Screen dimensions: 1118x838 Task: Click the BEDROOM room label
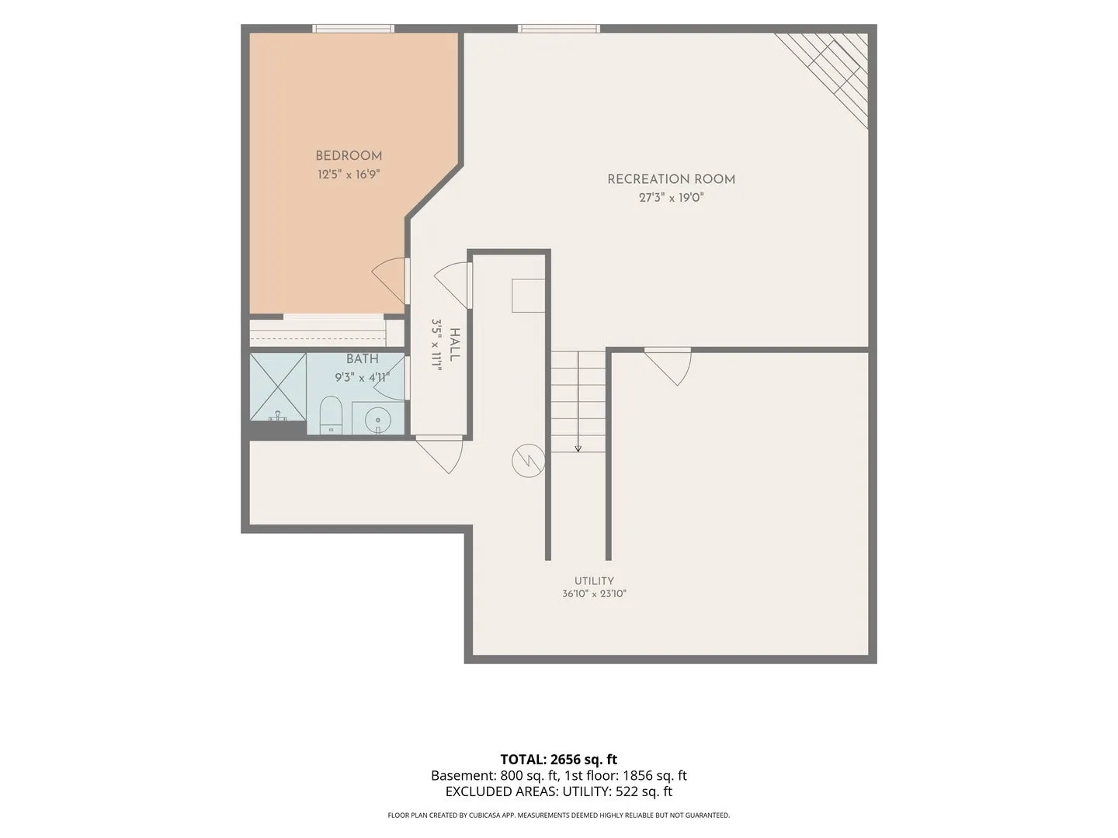[349, 156]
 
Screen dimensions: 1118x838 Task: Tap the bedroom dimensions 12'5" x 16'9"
[349, 175]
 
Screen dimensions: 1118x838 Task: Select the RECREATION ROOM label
[672, 179]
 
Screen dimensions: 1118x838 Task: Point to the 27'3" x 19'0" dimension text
[672, 197]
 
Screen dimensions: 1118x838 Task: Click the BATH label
[363, 359]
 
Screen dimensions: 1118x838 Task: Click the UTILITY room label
[594, 581]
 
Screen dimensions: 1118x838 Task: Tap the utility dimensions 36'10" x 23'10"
[594, 594]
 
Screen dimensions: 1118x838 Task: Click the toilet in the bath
[331, 414]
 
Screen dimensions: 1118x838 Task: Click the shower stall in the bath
[278, 386]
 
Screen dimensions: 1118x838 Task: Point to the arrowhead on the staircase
[578, 448]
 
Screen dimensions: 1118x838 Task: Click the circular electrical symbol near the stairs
[528, 460]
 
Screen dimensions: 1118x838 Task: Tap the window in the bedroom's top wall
[353, 29]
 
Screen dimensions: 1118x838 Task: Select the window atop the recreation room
[559, 29]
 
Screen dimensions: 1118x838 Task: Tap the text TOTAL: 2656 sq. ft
[559, 760]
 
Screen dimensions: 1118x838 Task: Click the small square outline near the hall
[528, 295]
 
